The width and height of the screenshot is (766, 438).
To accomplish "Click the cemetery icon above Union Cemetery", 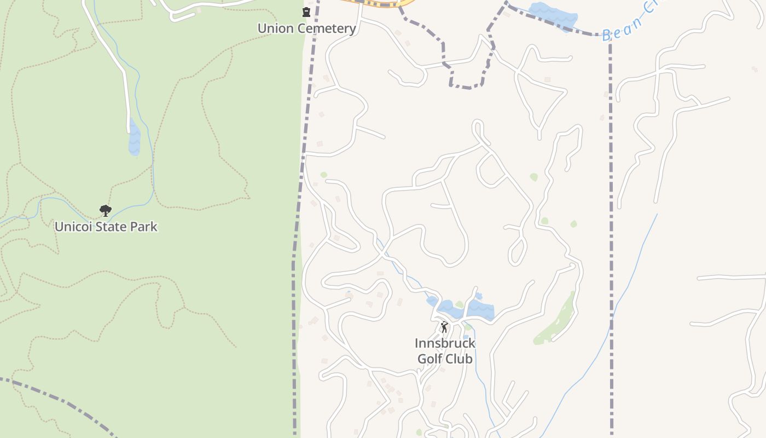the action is tap(306, 12).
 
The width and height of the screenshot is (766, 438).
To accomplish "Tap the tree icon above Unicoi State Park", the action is tap(105, 210).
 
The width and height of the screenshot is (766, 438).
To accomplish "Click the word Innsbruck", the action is tap(445, 343).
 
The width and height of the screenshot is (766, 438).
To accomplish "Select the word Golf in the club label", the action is tap(430, 359).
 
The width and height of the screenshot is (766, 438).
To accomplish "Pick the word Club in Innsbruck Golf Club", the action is tap(460, 359).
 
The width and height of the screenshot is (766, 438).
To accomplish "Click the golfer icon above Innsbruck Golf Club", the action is tap(444, 327).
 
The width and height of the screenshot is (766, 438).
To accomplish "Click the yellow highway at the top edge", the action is tap(378, 3).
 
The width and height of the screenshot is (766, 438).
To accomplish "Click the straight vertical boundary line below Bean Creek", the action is tap(611, 219).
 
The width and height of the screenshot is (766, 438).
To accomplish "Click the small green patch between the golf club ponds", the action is tap(460, 304).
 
